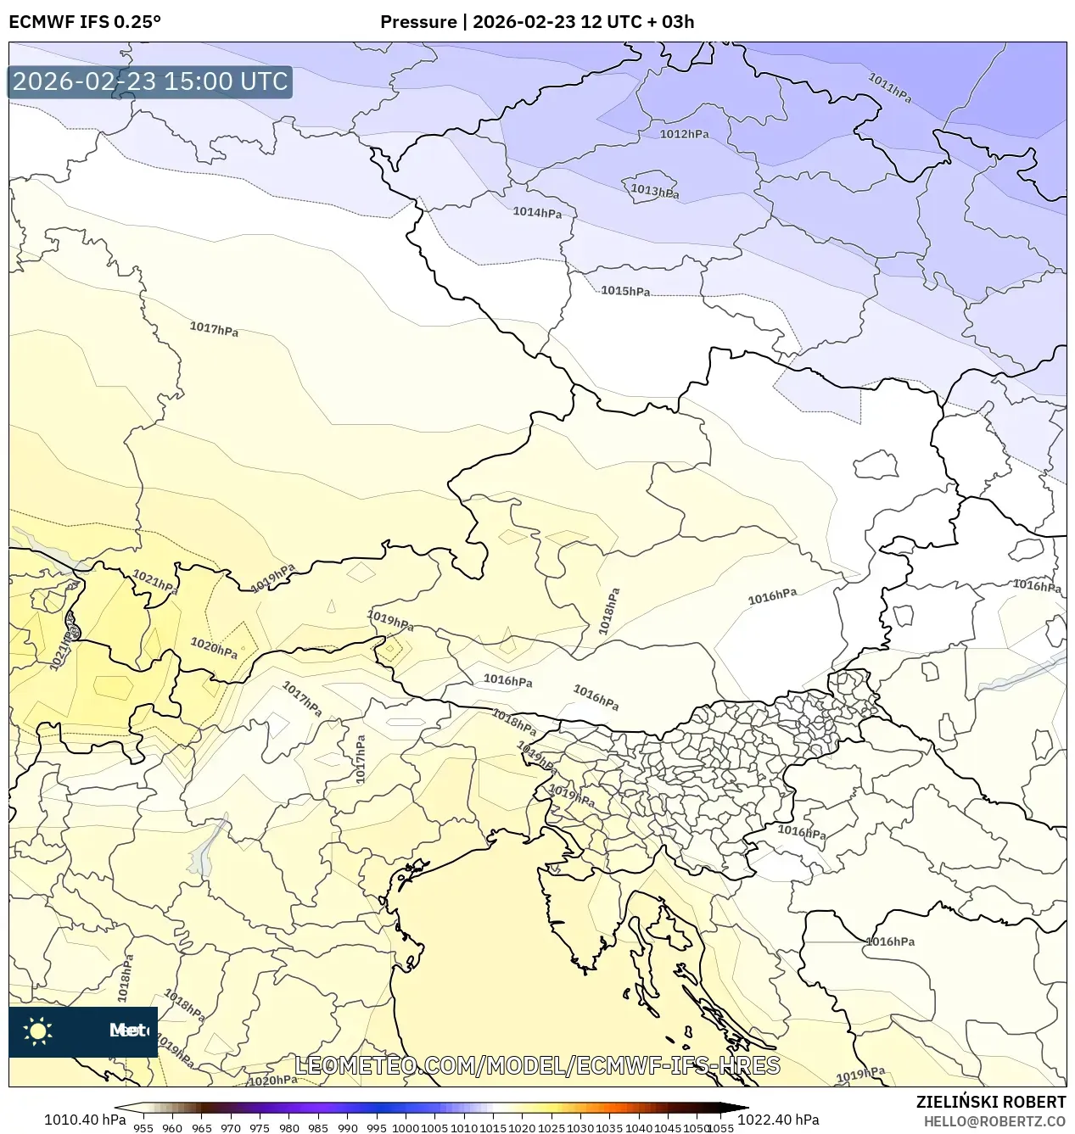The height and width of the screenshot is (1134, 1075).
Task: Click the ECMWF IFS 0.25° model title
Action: tap(85, 22)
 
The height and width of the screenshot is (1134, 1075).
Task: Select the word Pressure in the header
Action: tap(417, 22)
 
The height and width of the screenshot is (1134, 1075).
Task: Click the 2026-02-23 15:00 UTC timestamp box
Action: tap(150, 82)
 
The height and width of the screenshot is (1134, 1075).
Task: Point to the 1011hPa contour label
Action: tap(889, 88)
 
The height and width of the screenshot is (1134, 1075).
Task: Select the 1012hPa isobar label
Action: tap(684, 134)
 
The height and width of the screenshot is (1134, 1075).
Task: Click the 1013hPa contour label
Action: tap(654, 191)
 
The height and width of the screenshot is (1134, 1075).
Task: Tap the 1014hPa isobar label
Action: tap(537, 212)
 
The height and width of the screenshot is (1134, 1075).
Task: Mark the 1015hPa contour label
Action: tap(625, 291)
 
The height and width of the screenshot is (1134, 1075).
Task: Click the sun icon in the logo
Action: tap(38, 1031)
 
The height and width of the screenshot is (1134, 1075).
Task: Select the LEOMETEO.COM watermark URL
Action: tap(537, 1065)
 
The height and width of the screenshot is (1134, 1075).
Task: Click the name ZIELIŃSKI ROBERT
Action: tap(990, 1102)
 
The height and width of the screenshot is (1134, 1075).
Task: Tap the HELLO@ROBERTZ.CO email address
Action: tap(994, 1121)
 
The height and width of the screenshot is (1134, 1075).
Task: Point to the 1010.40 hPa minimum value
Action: tap(85, 1120)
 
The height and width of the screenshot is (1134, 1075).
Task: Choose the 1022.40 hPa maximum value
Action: tap(778, 1120)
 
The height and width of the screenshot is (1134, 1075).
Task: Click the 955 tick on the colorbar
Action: tap(143, 1128)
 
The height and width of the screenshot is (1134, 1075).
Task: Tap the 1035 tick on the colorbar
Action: tap(609, 1128)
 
